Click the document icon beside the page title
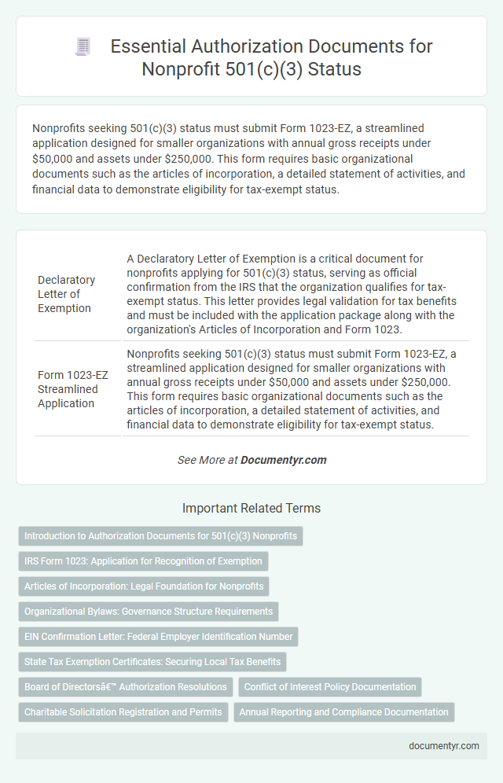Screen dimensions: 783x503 click(83, 47)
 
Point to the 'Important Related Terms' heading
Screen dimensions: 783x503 click(251, 509)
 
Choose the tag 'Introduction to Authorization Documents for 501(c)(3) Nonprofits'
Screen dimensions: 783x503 click(160, 536)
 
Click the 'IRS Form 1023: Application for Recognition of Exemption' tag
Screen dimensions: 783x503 click(144, 561)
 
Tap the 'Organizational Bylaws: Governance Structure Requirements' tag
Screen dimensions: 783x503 click(149, 611)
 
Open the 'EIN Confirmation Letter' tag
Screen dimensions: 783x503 click(159, 636)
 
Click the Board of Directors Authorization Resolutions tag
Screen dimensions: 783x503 click(126, 687)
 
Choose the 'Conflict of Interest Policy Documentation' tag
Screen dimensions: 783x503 click(330, 687)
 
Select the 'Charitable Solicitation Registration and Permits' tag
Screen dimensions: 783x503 click(123, 712)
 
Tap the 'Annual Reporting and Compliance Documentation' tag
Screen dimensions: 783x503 click(343, 712)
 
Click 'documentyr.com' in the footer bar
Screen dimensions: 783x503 click(444, 746)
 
